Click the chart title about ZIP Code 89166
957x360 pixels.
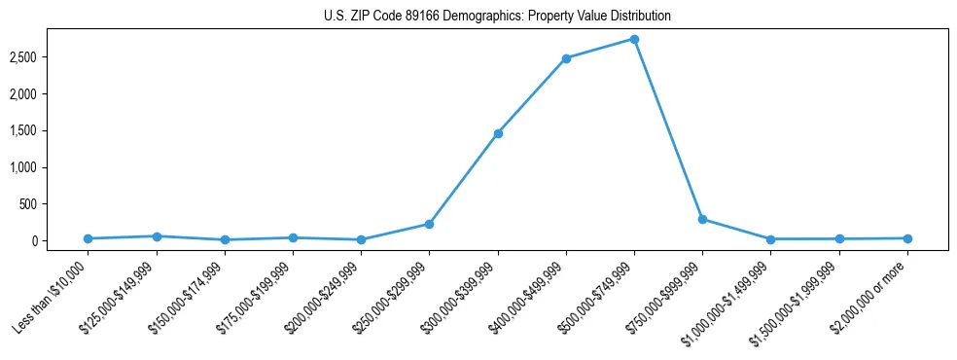[x=498, y=17]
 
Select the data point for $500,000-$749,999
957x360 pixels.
[x=634, y=39]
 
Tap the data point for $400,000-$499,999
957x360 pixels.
[x=566, y=58]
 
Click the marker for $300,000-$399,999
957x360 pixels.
[x=498, y=133]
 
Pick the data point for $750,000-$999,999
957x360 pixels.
[x=702, y=220]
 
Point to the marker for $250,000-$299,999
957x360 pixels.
[x=430, y=224]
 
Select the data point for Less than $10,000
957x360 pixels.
[x=89, y=238]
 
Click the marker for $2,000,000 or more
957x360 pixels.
[x=907, y=238]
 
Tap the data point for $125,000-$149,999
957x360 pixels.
[x=157, y=236]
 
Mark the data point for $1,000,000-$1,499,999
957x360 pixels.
[x=770, y=239]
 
